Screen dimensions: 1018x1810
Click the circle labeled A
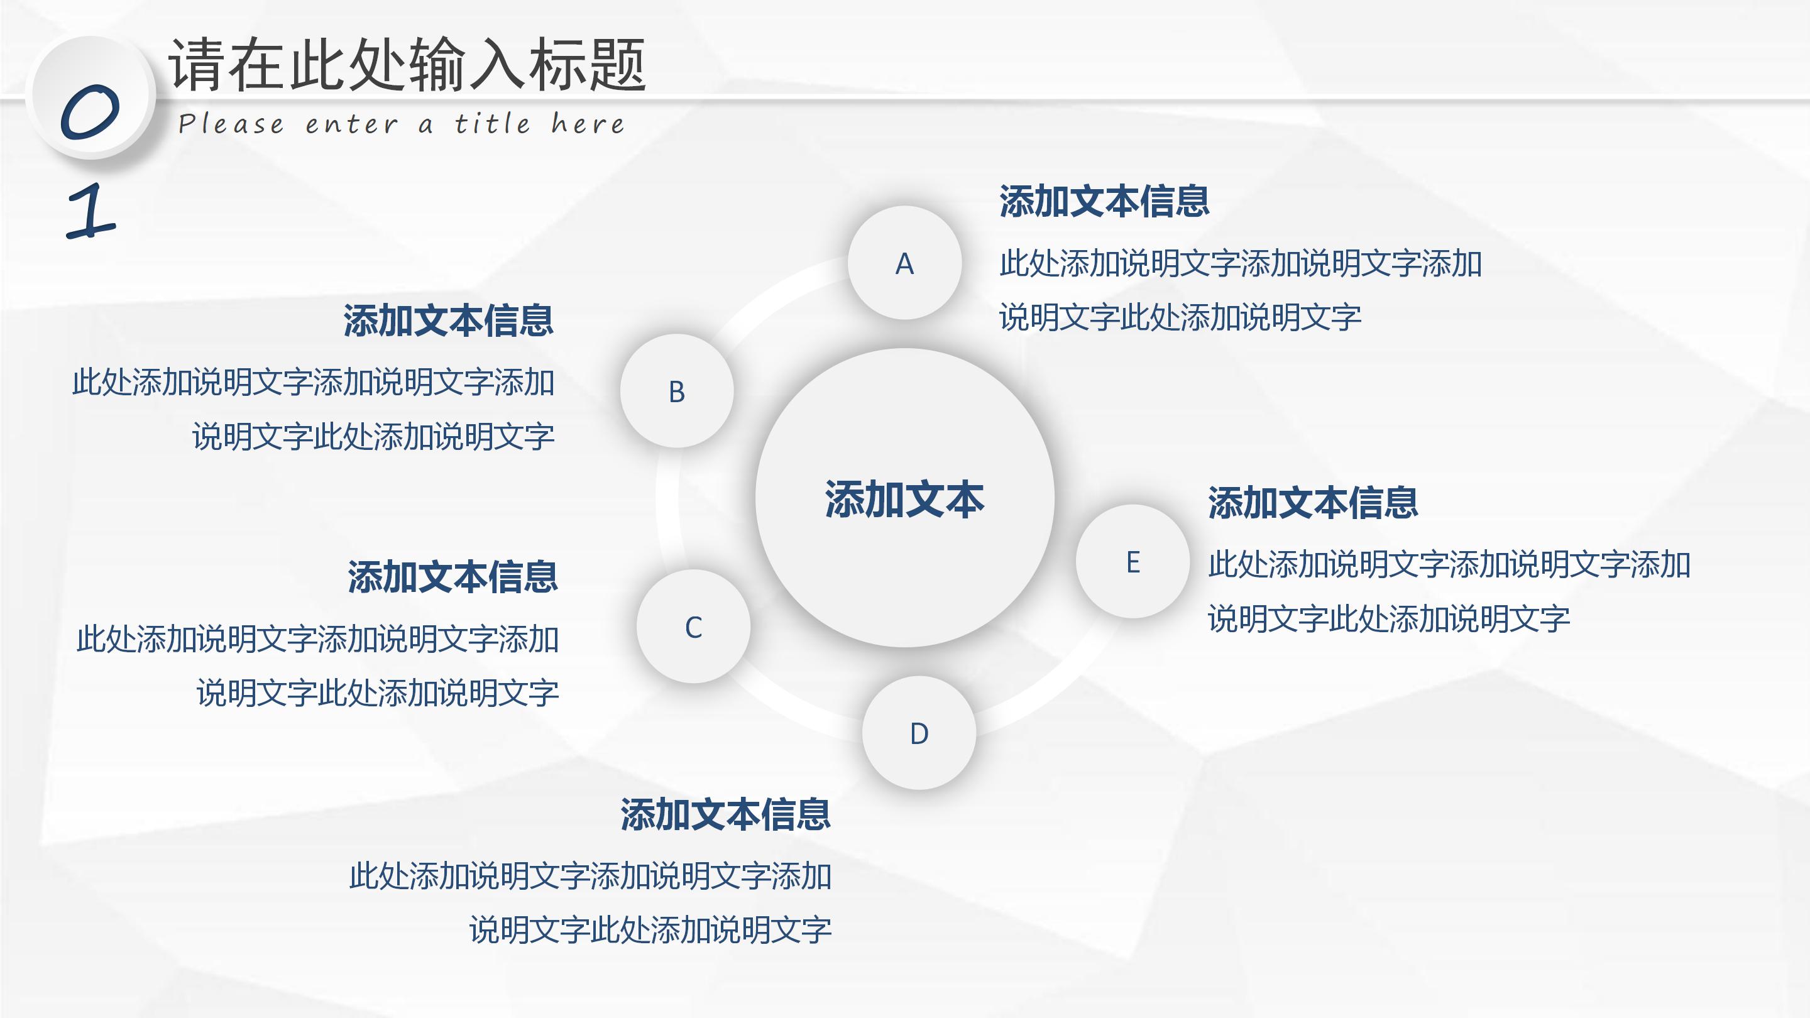pyautogui.click(x=904, y=263)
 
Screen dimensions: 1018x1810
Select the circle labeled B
pyautogui.click(x=677, y=391)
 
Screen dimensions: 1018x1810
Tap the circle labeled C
pyautogui.click(x=693, y=626)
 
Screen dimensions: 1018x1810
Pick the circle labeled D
pyautogui.click(x=919, y=733)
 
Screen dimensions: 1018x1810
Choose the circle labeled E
pyautogui.click(x=1133, y=561)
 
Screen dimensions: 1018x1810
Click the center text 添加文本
pyautogui.click(x=904, y=499)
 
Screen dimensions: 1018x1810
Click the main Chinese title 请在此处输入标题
pyautogui.click(x=407, y=65)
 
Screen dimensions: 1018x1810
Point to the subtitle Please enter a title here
pyautogui.click(x=400, y=124)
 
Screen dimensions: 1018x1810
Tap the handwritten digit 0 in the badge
pyautogui.click(x=90, y=112)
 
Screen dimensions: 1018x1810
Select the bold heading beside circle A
pyautogui.click(x=1104, y=202)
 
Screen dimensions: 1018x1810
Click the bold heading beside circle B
pyautogui.click(x=448, y=320)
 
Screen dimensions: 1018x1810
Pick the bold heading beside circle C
pyautogui.click(x=452, y=577)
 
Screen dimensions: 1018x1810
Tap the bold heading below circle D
pyautogui.click(x=725, y=814)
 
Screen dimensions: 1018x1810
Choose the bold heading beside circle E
pyautogui.click(x=1312, y=502)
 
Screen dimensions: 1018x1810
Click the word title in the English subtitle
pyautogui.click(x=492, y=124)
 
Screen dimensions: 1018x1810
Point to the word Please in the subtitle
pyautogui.click(x=231, y=124)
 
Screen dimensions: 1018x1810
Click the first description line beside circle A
pyautogui.click(x=1240, y=263)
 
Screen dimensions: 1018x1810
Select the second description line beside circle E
pyautogui.click(x=1388, y=619)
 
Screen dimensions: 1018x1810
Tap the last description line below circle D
pyautogui.click(x=650, y=929)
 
